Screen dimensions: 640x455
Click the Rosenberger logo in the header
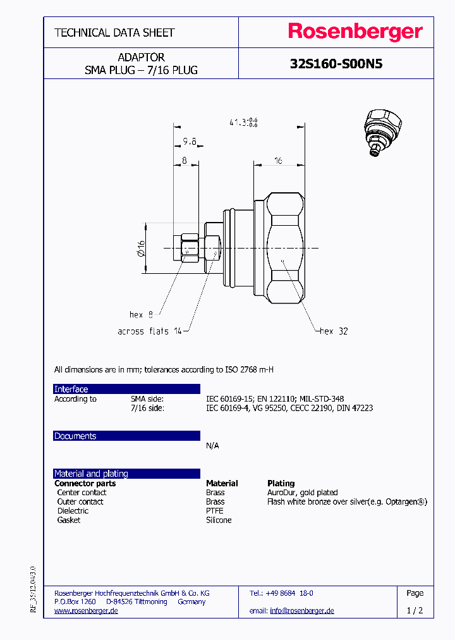tap(355, 32)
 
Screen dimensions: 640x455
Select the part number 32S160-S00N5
tap(336, 64)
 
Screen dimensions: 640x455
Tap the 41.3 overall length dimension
tap(240, 123)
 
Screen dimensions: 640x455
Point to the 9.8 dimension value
tap(190, 141)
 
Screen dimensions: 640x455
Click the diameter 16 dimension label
tap(142, 248)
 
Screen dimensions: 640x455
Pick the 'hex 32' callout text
tap(334, 331)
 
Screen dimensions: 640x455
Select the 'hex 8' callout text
tap(141, 314)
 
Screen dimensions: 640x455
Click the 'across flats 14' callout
tap(149, 331)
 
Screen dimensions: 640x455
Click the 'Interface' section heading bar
tap(126, 389)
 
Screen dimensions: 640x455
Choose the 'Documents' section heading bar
tap(126, 436)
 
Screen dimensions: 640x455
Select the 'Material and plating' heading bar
tap(126, 473)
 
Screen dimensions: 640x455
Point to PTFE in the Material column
tap(215, 510)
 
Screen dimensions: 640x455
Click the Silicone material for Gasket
tap(219, 520)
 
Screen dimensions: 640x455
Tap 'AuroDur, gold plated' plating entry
tap(302, 492)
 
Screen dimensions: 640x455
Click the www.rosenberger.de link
tap(86, 610)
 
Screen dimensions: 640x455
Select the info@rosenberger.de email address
tap(301, 610)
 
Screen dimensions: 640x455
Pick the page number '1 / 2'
tap(415, 610)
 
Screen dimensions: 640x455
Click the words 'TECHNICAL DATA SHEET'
tap(114, 32)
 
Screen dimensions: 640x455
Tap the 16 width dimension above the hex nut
tap(277, 161)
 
